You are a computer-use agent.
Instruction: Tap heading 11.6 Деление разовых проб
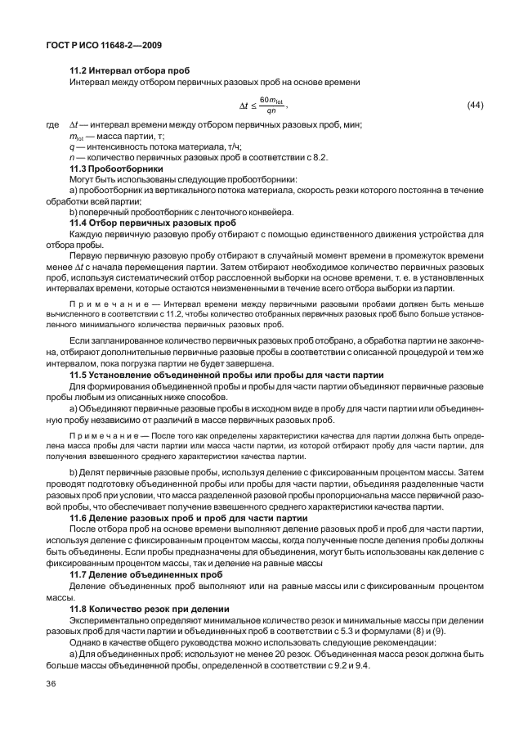click(188, 518)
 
